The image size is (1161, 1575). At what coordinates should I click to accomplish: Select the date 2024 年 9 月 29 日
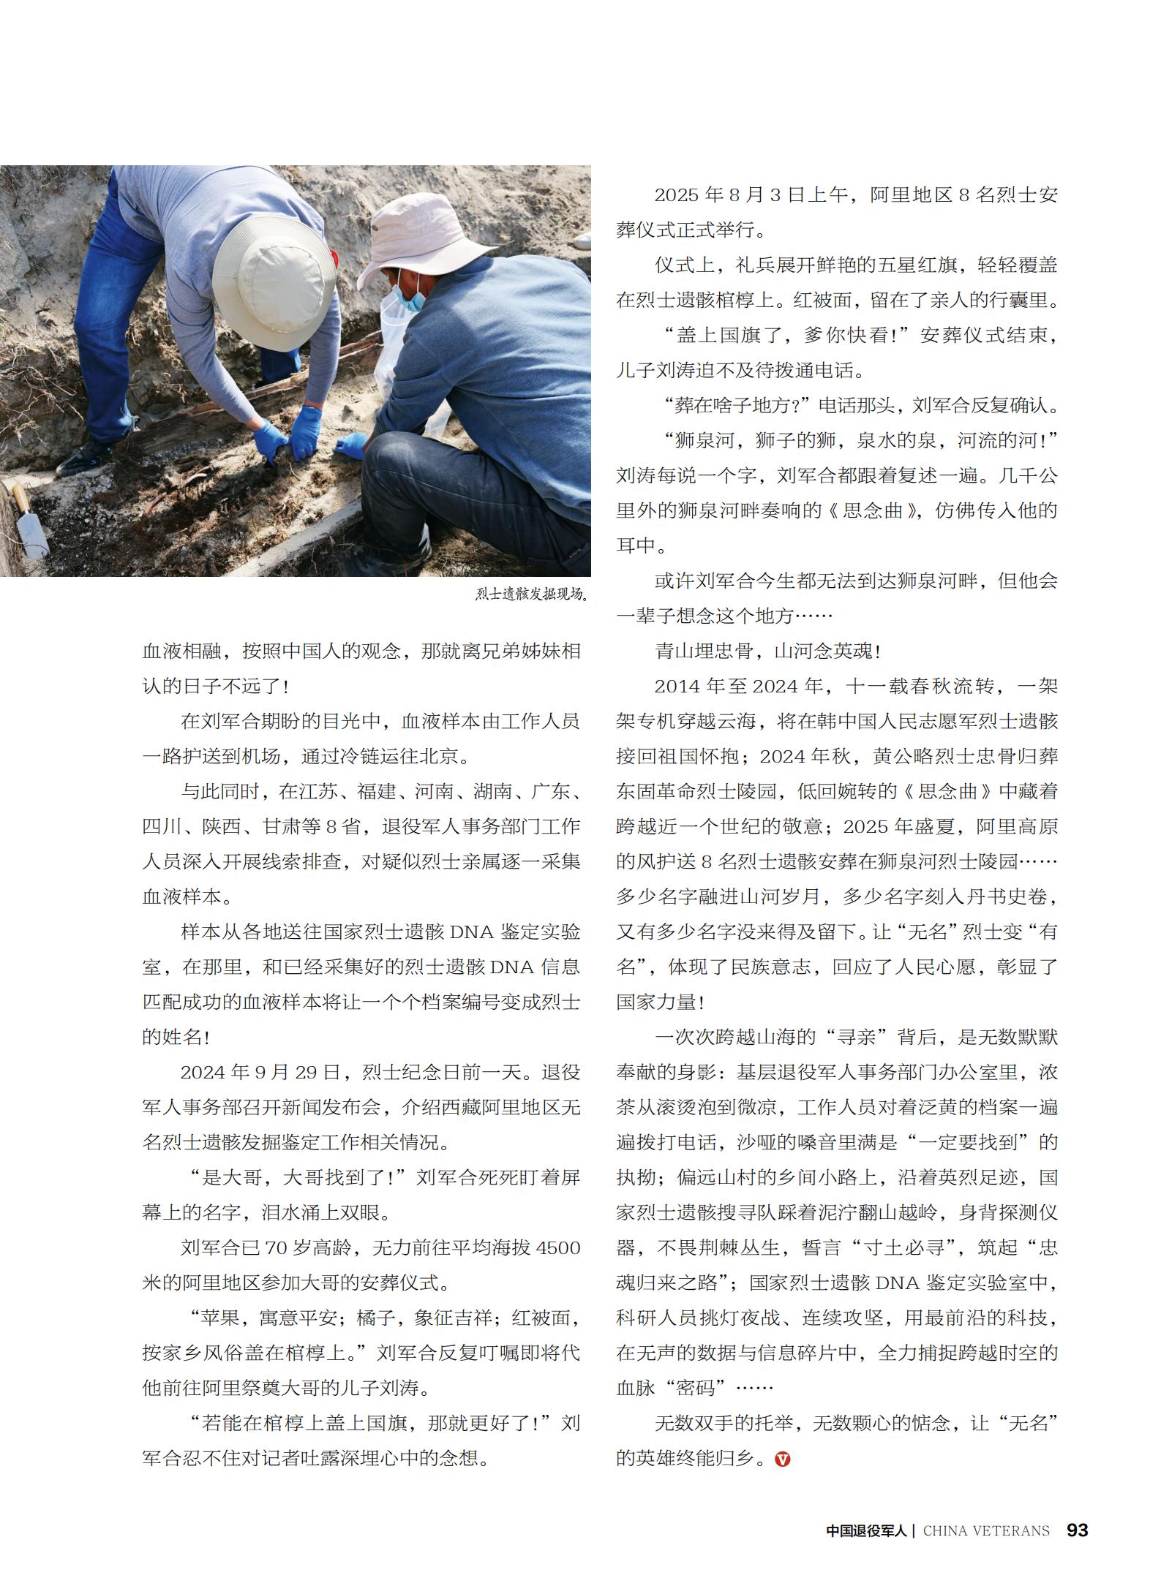click(260, 1073)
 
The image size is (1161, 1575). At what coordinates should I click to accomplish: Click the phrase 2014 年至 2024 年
click(740, 687)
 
